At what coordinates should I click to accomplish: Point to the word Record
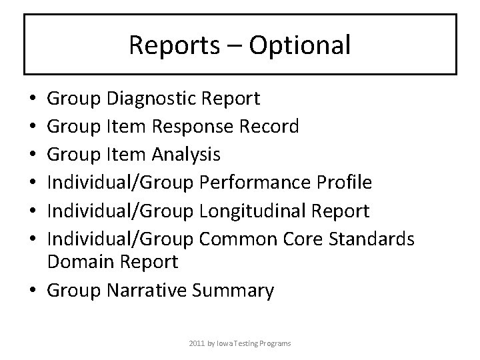pyautogui.click(x=268, y=126)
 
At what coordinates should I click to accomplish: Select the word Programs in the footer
pyautogui.click(x=275, y=343)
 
